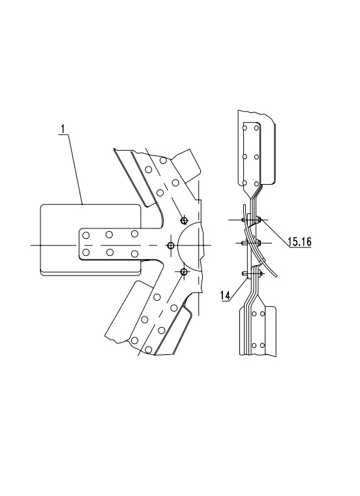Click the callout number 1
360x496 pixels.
click(63, 129)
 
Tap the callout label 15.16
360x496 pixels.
click(299, 242)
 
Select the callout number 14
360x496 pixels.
click(225, 296)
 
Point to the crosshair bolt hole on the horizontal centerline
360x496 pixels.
click(171, 245)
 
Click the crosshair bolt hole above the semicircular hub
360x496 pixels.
click(184, 220)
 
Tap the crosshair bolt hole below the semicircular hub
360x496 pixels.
click(184, 271)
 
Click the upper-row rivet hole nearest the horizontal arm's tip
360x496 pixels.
click(85, 236)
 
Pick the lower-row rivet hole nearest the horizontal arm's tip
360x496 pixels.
click(85, 252)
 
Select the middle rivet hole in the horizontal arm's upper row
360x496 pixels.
click(110, 234)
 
